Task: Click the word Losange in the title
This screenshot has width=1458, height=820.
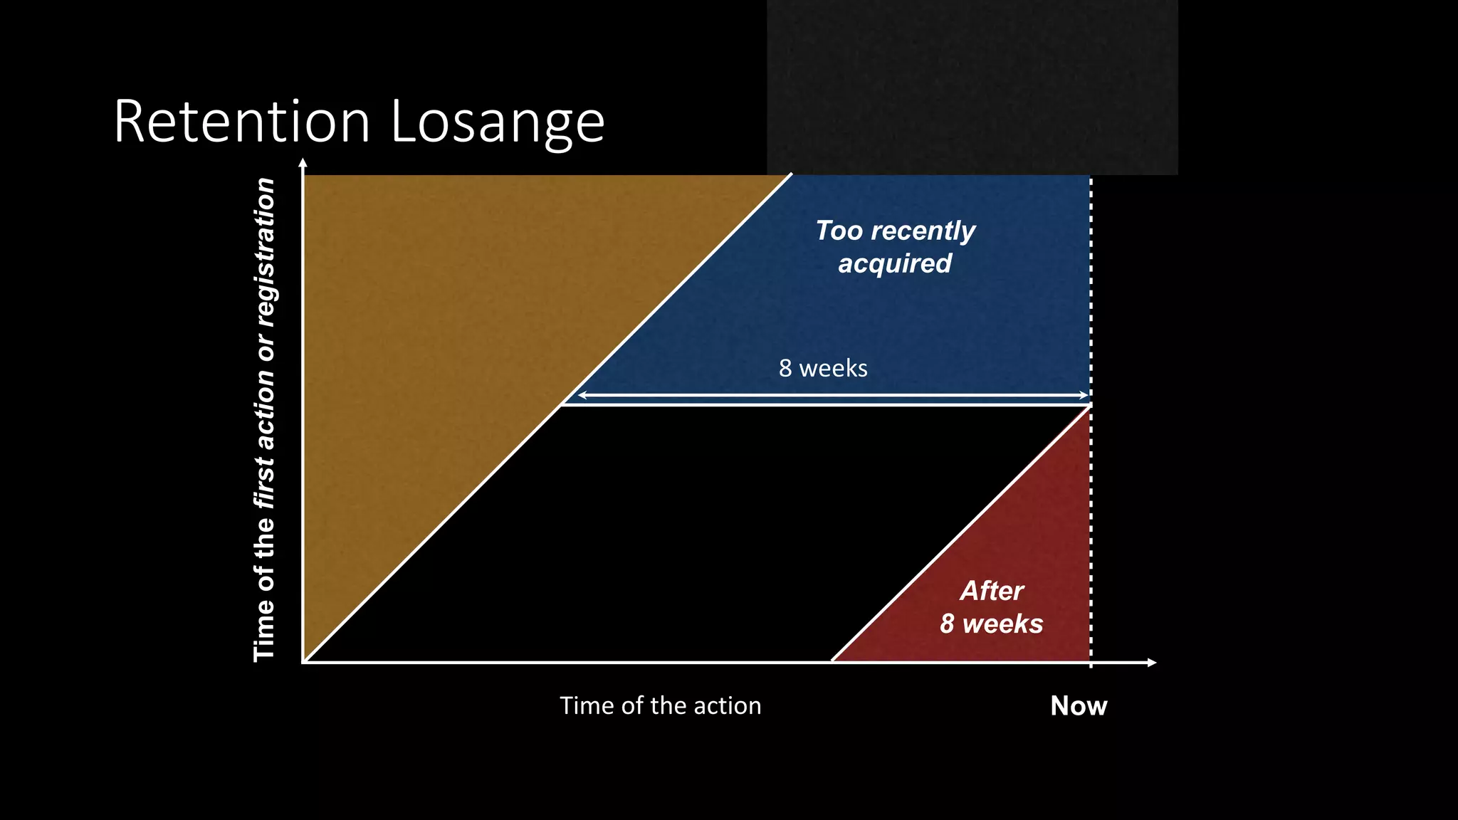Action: click(x=498, y=122)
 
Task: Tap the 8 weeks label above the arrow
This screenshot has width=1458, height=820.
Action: click(x=823, y=369)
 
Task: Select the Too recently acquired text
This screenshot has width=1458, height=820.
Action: click(x=895, y=246)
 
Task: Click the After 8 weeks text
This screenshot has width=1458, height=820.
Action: click(x=991, y=607)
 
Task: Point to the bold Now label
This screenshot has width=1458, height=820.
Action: click(x=1079, y=705)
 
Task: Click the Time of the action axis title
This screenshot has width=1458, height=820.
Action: click(x=660, y=705)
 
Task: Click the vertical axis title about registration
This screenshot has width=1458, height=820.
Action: click(x=264, y=420)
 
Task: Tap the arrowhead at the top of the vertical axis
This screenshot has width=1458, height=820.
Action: click(x=303, y=163)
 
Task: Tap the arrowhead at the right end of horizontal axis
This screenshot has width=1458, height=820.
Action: click(x=1152, y=663)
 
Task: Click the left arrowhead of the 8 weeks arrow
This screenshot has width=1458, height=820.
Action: click(x=580, y=395)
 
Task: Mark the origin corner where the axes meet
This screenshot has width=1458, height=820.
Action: click(x=304, y=662)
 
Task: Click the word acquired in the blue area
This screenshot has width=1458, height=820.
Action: click(x=895, y=263)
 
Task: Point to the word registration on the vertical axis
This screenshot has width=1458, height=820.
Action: click(x=264, y=253)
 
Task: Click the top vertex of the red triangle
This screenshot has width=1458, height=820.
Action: click(x=1089, y=407)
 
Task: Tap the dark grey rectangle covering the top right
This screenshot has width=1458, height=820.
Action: click(x=972, y=85)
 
